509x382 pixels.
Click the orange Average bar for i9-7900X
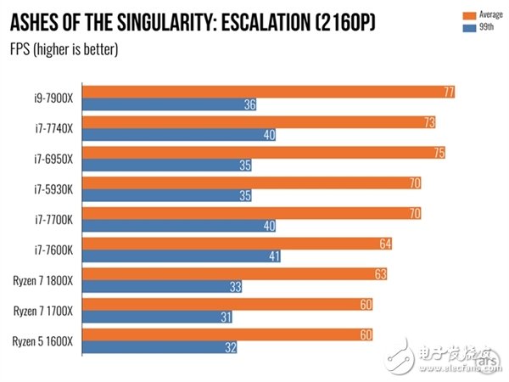coord(271,92)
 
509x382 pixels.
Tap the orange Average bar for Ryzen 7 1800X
coord(238,272)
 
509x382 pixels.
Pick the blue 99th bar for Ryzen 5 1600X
coord(161,346)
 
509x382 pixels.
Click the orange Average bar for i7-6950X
coord(266,153)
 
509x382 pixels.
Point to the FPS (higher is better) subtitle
coord(64,48)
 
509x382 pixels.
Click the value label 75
coord(435,153)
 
